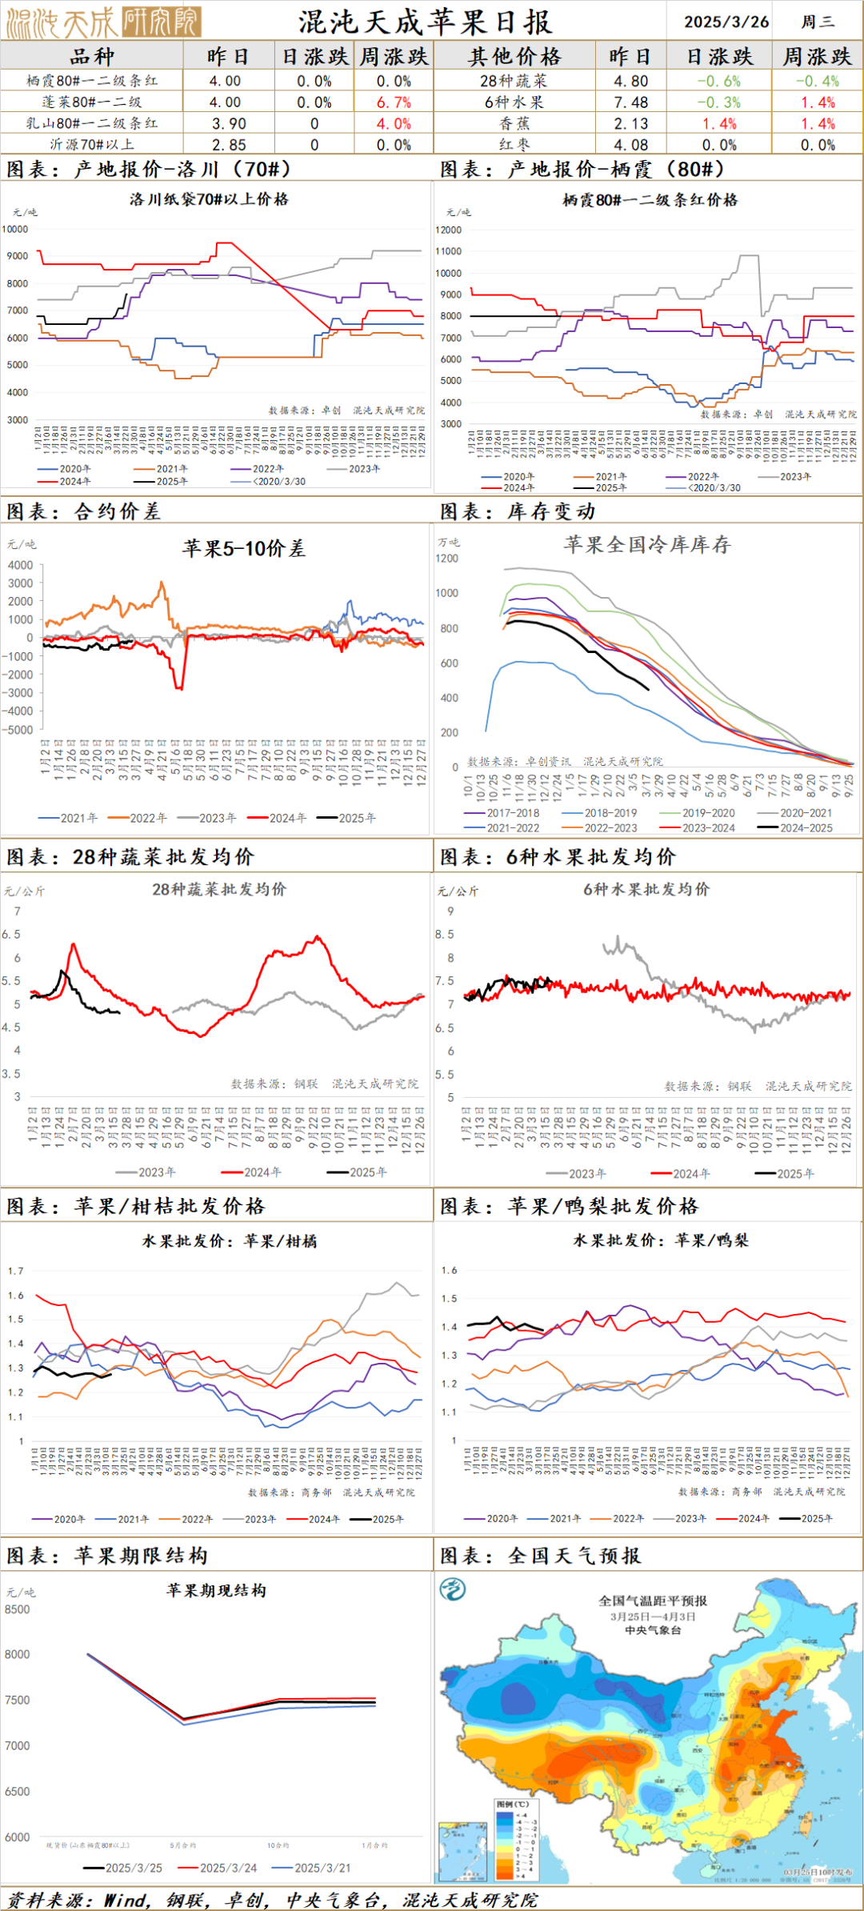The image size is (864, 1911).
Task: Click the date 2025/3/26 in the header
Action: point(726,22)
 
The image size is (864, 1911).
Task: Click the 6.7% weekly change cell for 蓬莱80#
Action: point(394,102)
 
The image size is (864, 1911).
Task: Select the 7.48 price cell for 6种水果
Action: point(630,102)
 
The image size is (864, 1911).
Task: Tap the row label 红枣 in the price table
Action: point(514,145)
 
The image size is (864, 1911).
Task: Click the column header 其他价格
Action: point(514,57)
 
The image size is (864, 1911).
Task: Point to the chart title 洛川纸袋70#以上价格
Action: point(209,199)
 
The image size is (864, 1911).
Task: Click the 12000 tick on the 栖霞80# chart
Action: point(449,230)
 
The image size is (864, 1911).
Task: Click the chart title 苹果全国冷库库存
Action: point(646,545)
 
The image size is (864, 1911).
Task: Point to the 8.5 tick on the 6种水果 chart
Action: point(445,934)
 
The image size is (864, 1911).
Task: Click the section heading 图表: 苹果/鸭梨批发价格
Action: point(569,1206)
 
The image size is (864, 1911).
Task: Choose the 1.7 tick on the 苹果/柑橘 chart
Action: point(16,1270)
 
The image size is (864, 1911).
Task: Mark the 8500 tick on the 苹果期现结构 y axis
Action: point(17,1609)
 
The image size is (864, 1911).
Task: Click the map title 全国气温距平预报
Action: point(653,1601)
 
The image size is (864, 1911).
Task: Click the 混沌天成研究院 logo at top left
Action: point(102,22)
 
